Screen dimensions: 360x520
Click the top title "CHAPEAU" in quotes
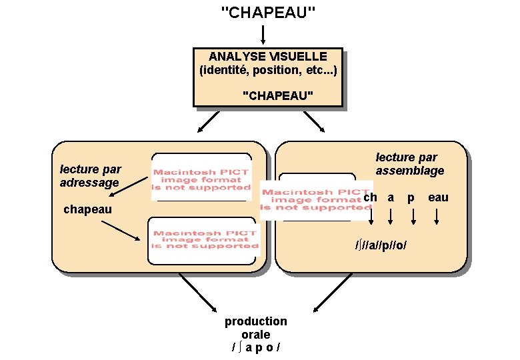268,13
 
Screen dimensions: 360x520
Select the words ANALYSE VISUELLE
268,57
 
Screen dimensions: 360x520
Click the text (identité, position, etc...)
268,70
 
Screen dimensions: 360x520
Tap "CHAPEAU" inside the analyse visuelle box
278,96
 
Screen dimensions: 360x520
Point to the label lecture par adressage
90,176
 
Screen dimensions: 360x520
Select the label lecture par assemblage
409,164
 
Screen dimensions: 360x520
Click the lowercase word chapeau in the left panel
87,210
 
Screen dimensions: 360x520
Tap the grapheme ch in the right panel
371,197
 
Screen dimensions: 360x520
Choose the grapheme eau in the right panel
438,197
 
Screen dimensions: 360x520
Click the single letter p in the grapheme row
411,198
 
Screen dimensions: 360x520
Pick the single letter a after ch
391,198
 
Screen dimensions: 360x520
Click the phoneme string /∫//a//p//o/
381,245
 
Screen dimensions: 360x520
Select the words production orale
255,327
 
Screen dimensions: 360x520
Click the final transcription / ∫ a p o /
255,347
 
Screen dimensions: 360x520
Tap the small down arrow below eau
437,217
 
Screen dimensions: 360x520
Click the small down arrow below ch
371,217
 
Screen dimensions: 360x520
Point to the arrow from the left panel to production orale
198,293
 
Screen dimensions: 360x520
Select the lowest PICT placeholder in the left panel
203,240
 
